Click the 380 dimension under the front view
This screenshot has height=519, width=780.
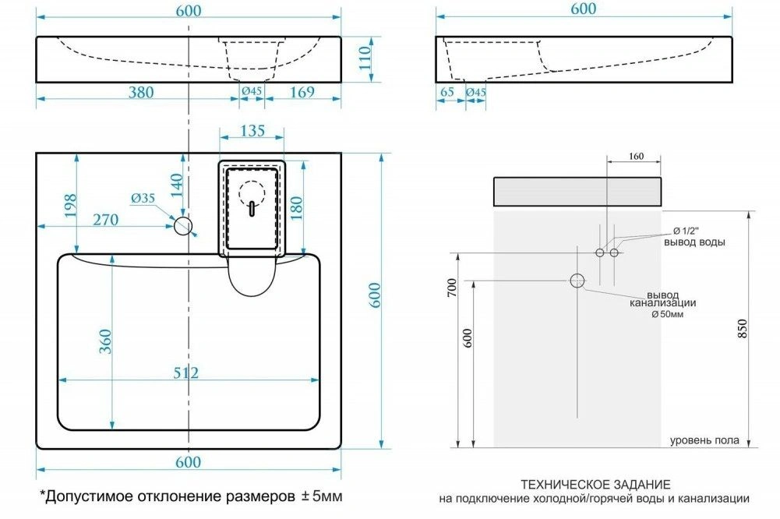coord(141,92)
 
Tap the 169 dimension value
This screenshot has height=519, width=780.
coord(302,92)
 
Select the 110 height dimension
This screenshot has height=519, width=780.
coord(365,58)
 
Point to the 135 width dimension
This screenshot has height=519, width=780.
coord(252,130)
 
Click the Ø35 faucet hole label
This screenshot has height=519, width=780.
coord(143,198)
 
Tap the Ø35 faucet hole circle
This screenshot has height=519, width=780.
coord(183,226)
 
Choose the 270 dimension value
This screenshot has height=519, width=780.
coord(106,220)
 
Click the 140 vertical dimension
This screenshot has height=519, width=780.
coord(177,185)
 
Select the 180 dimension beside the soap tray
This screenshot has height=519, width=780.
coord(295,209)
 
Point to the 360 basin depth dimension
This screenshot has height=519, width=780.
coord(105,342)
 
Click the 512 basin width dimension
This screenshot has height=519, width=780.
coord(186,372)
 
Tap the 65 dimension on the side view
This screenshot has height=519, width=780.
coord(447,92)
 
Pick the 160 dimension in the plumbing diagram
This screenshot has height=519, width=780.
coord(637,157)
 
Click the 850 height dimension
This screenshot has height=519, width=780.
coord(742,329)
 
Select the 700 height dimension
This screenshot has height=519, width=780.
coord(452,288)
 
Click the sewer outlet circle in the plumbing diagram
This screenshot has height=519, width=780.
coord(577,281)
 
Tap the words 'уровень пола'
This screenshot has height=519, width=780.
coord(704,440)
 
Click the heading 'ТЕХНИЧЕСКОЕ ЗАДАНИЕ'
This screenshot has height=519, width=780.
coord(595,484)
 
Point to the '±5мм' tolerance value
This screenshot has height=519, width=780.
coord(322,496)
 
